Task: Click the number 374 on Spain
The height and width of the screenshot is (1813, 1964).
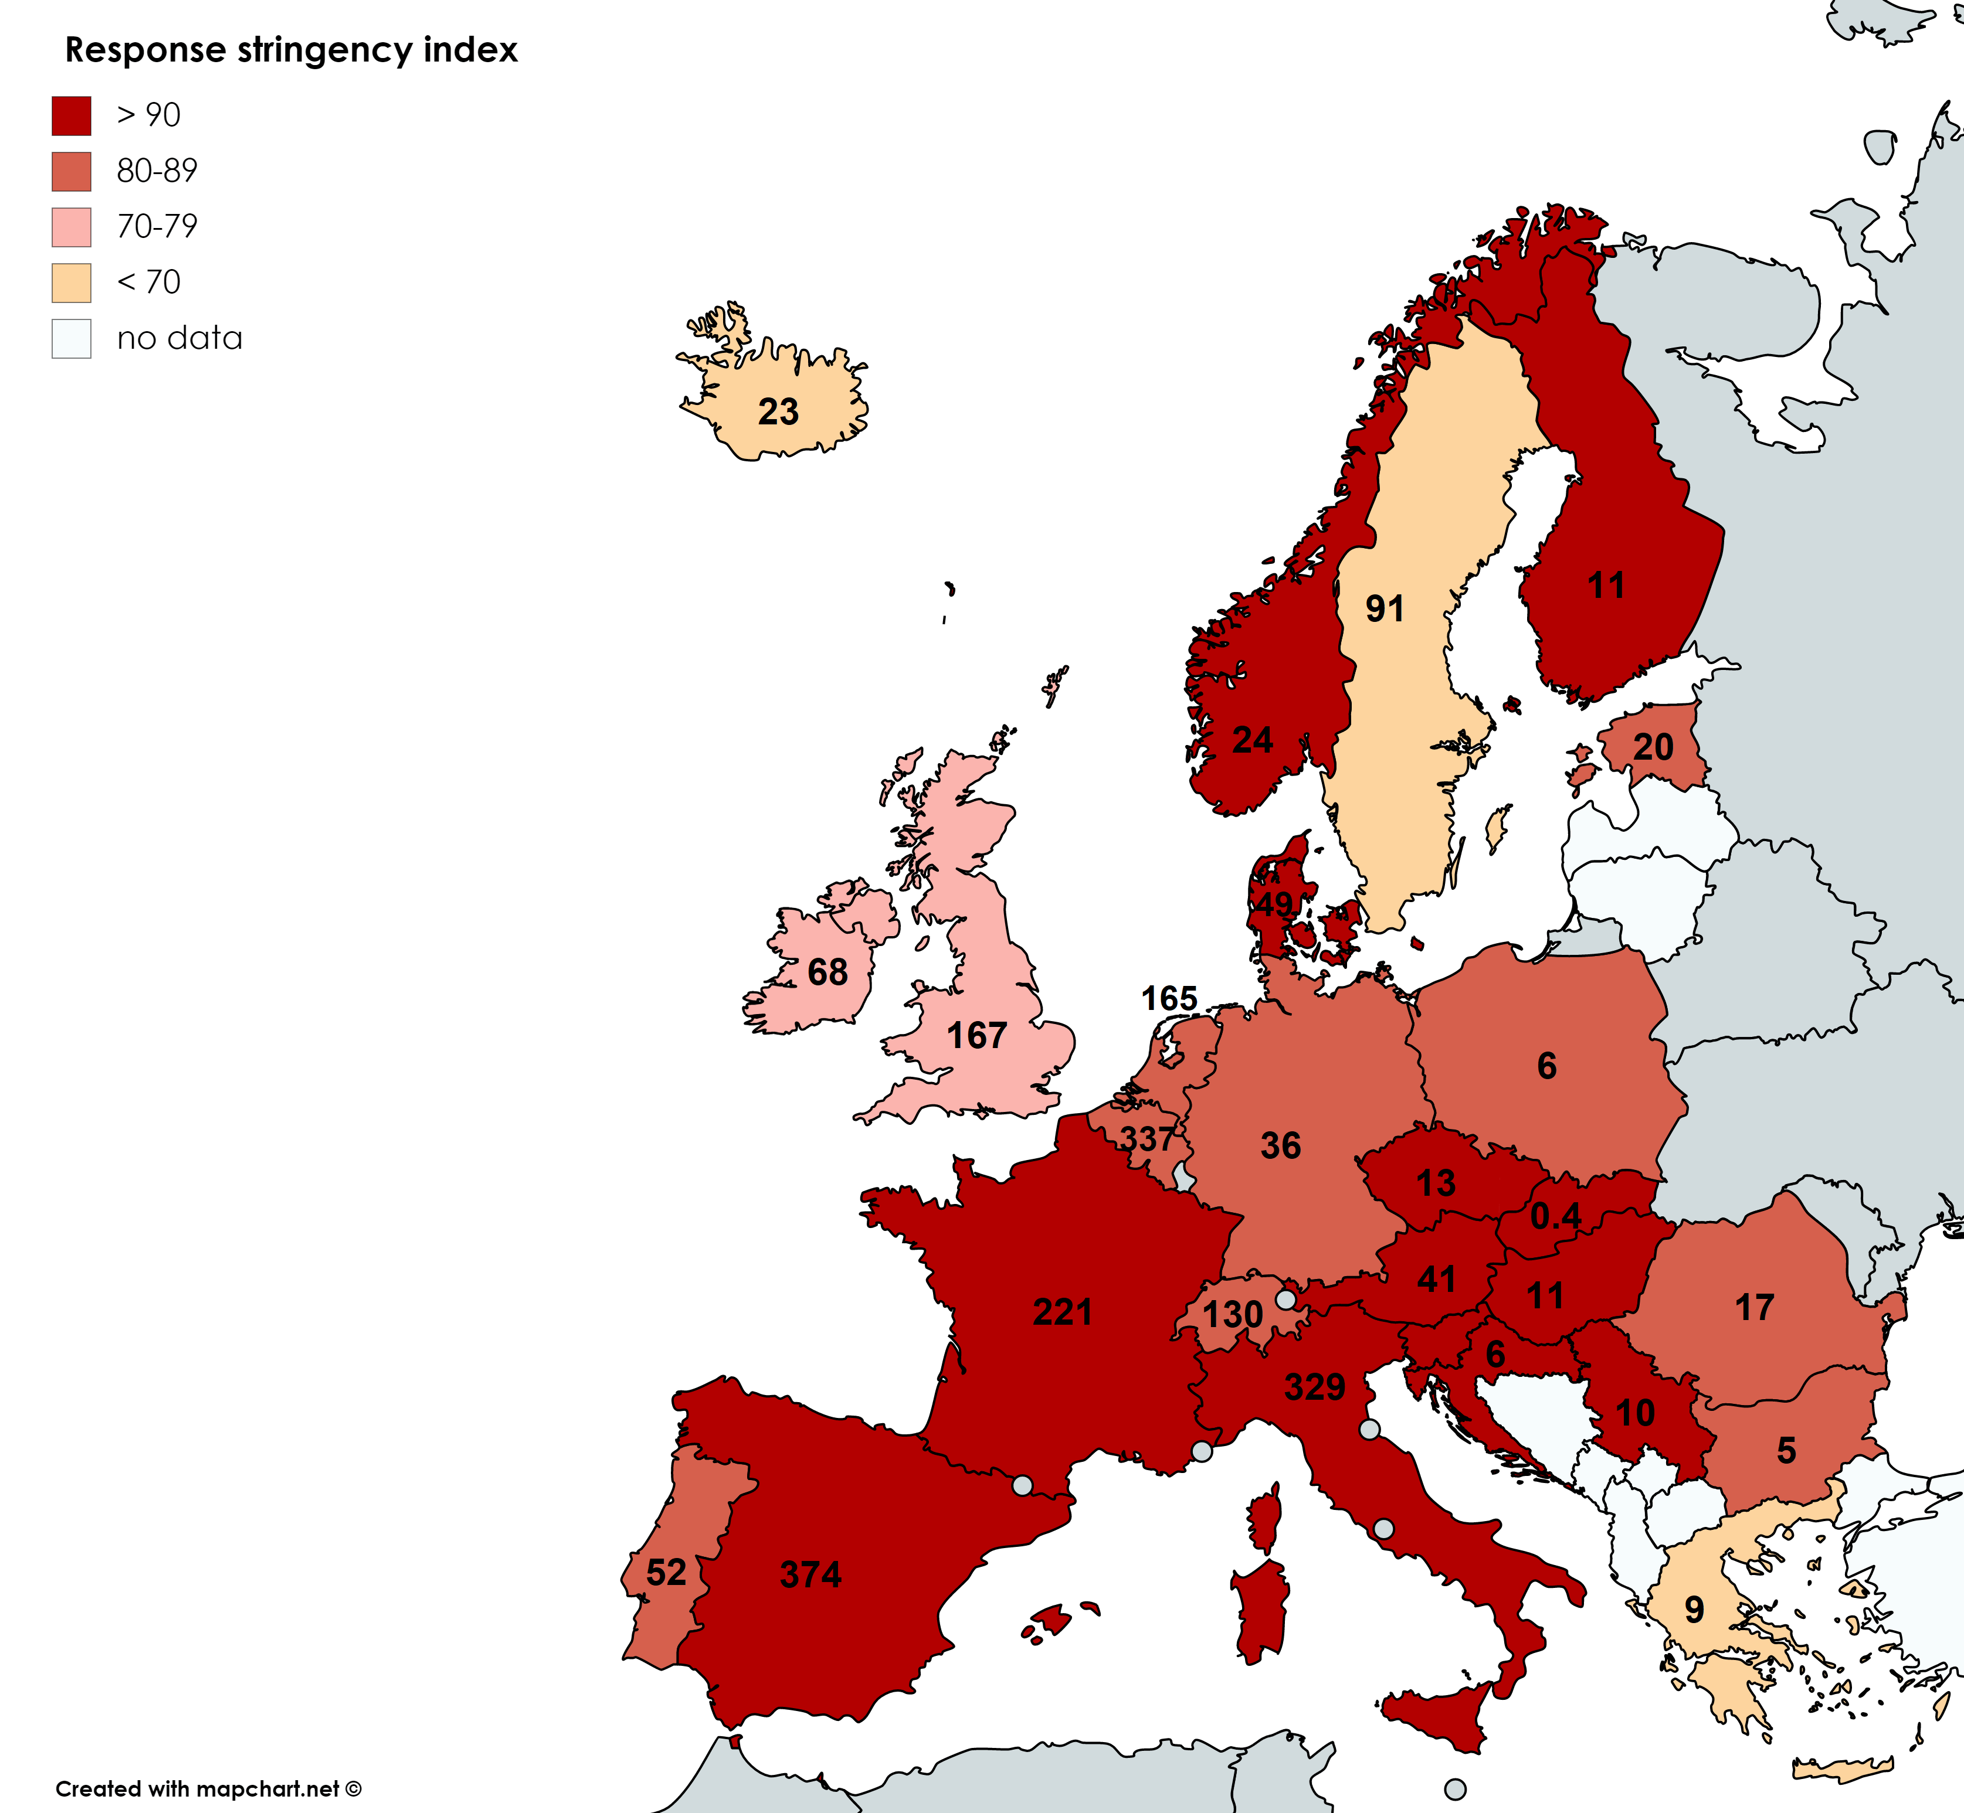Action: pos(810,1574)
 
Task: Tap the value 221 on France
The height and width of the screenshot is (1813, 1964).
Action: pos(1062,1312)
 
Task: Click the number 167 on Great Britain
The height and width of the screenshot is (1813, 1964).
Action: pos(976,1035)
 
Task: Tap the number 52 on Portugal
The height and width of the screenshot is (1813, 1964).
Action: pos(666,1573)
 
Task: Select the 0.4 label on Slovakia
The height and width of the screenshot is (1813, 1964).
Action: pos(1556,1216)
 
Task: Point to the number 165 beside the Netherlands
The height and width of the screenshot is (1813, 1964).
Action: pos(1168,999)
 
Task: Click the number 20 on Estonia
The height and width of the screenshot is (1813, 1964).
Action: pos(1653,747)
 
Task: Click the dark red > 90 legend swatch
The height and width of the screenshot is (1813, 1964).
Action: pos(72,115)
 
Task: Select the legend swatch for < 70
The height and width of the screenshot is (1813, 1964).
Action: pos(72,283)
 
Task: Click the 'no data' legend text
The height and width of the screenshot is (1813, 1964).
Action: pos(179,338)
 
